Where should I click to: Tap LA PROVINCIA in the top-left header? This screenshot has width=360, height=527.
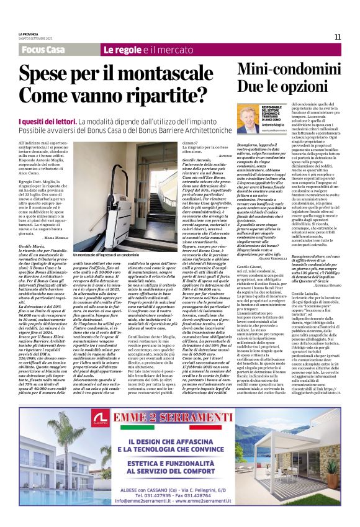28,34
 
